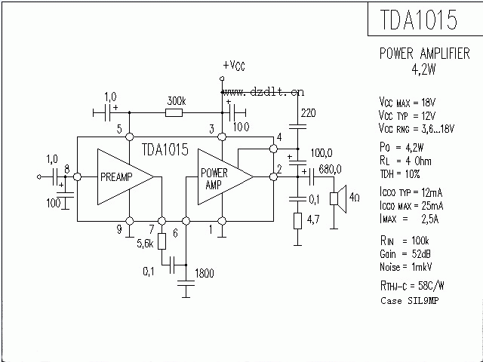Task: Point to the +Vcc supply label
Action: (x=234, y=66)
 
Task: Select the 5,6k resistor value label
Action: (x=145, y=243)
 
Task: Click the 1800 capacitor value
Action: (x=204, y=274)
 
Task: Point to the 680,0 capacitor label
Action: (x=331, y=169)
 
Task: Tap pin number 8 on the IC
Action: (x=68, y=168)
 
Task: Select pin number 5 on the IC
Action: (x=118, y=129)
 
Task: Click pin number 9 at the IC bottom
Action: (x=118, y=230)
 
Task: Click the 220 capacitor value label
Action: (x=308, y=113)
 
